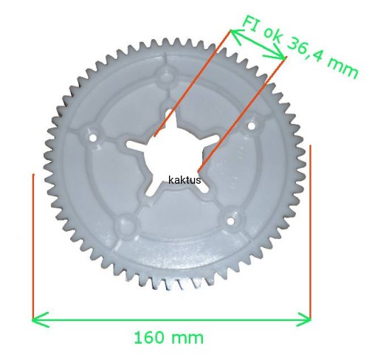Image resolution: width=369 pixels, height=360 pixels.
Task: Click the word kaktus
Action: (x=184, y=180)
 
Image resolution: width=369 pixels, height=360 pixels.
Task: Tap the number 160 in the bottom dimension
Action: (x=149, y=337)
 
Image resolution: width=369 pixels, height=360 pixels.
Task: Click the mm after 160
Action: (x=187, y=339)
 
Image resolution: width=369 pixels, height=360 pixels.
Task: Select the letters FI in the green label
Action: (x=251, y=24)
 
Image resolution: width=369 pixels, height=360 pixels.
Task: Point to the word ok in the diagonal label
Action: (x=274, y=35)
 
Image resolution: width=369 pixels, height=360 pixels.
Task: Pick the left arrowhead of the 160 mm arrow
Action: (x=41, y=319)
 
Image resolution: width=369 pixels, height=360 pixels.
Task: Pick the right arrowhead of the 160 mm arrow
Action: (x=303, y=319)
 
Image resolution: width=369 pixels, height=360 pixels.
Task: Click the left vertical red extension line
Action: (x=33, y=246)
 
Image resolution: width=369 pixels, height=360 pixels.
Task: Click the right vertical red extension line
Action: (x=311, y=232)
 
